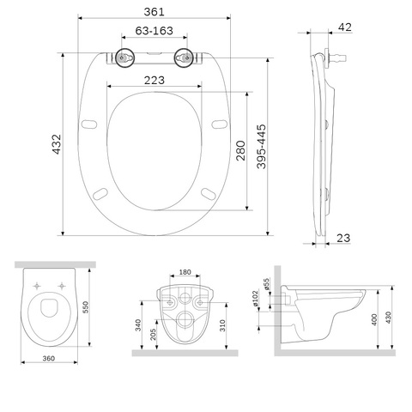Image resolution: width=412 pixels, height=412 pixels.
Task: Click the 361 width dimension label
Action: (154, 12)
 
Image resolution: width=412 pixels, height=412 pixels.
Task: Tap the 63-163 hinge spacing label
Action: (154, 31)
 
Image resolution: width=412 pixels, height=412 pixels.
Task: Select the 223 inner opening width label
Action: (154, 81)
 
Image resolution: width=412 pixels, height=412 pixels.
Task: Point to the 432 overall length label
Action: (57, 144)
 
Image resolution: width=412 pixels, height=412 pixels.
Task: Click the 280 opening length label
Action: (240, 150)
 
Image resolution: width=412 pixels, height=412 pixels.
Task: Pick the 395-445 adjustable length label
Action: (261, 146)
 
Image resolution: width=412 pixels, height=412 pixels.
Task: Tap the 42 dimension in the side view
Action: (345, 27)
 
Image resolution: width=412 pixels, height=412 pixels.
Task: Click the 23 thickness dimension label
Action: (343, 238)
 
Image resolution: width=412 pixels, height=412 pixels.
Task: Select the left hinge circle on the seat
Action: (124, 58)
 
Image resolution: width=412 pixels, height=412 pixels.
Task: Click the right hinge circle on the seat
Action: (184, 58)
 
